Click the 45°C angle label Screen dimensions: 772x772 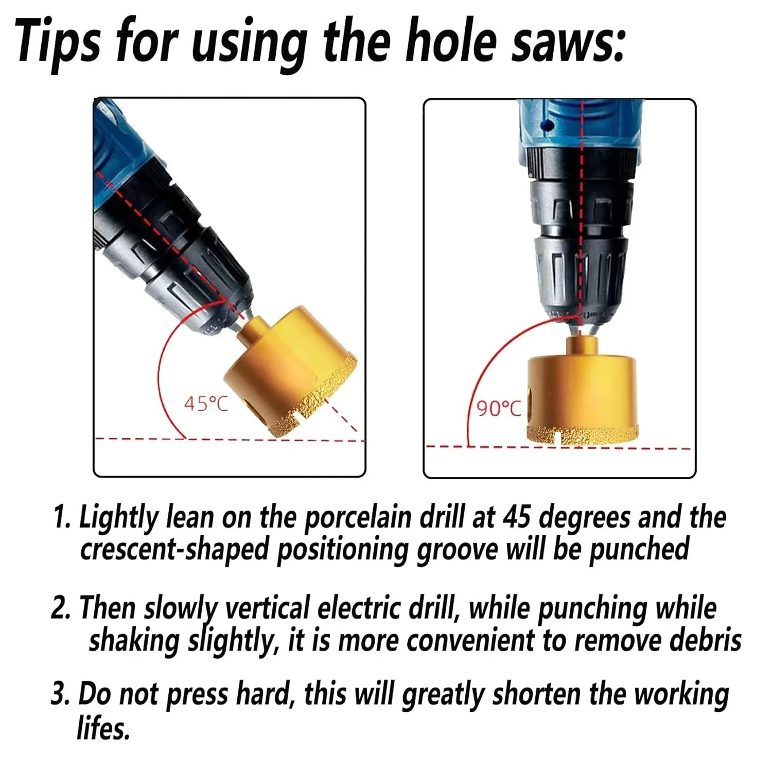pyautogui.click(x=206, y=403)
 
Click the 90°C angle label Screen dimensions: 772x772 pyautogui.click(x=499, y=409)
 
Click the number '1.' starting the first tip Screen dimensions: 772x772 pyautogui.click(x=64, y=517)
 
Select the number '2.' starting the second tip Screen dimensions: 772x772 pyautogui.click(x=63, y=608)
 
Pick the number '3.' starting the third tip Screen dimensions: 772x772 pyautogui.click(x=63, y=693)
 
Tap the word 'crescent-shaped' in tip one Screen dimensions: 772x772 pyautogui.click(x=174, y=549)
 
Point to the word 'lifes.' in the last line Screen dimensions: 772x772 pyautogui.click(x=103, y=728)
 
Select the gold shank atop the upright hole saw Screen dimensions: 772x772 pyautogui.click(x=581, y=346)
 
